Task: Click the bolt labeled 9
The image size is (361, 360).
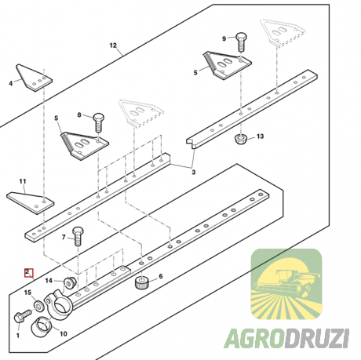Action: point(241,42)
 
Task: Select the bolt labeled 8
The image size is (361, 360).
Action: point(99,122)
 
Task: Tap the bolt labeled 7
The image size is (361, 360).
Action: point(78,236)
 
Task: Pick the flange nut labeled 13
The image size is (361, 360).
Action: point(241,139)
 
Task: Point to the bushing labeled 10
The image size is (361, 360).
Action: point(42,326)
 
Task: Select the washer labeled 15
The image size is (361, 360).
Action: point(39,305)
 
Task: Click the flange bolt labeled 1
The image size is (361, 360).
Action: point(22,316)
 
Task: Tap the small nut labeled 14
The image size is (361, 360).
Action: point(70,282)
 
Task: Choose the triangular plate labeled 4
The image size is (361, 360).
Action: point(34,78)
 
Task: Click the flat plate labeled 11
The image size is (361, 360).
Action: point(31,202)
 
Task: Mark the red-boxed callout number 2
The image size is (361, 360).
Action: point(27,272)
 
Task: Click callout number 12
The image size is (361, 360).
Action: point(113,45)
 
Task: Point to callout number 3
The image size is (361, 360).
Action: point(194,173)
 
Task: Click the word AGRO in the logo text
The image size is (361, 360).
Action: point(253,339)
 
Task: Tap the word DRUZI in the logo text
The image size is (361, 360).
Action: point(316,339)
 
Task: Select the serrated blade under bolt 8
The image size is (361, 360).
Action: point(85,146)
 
